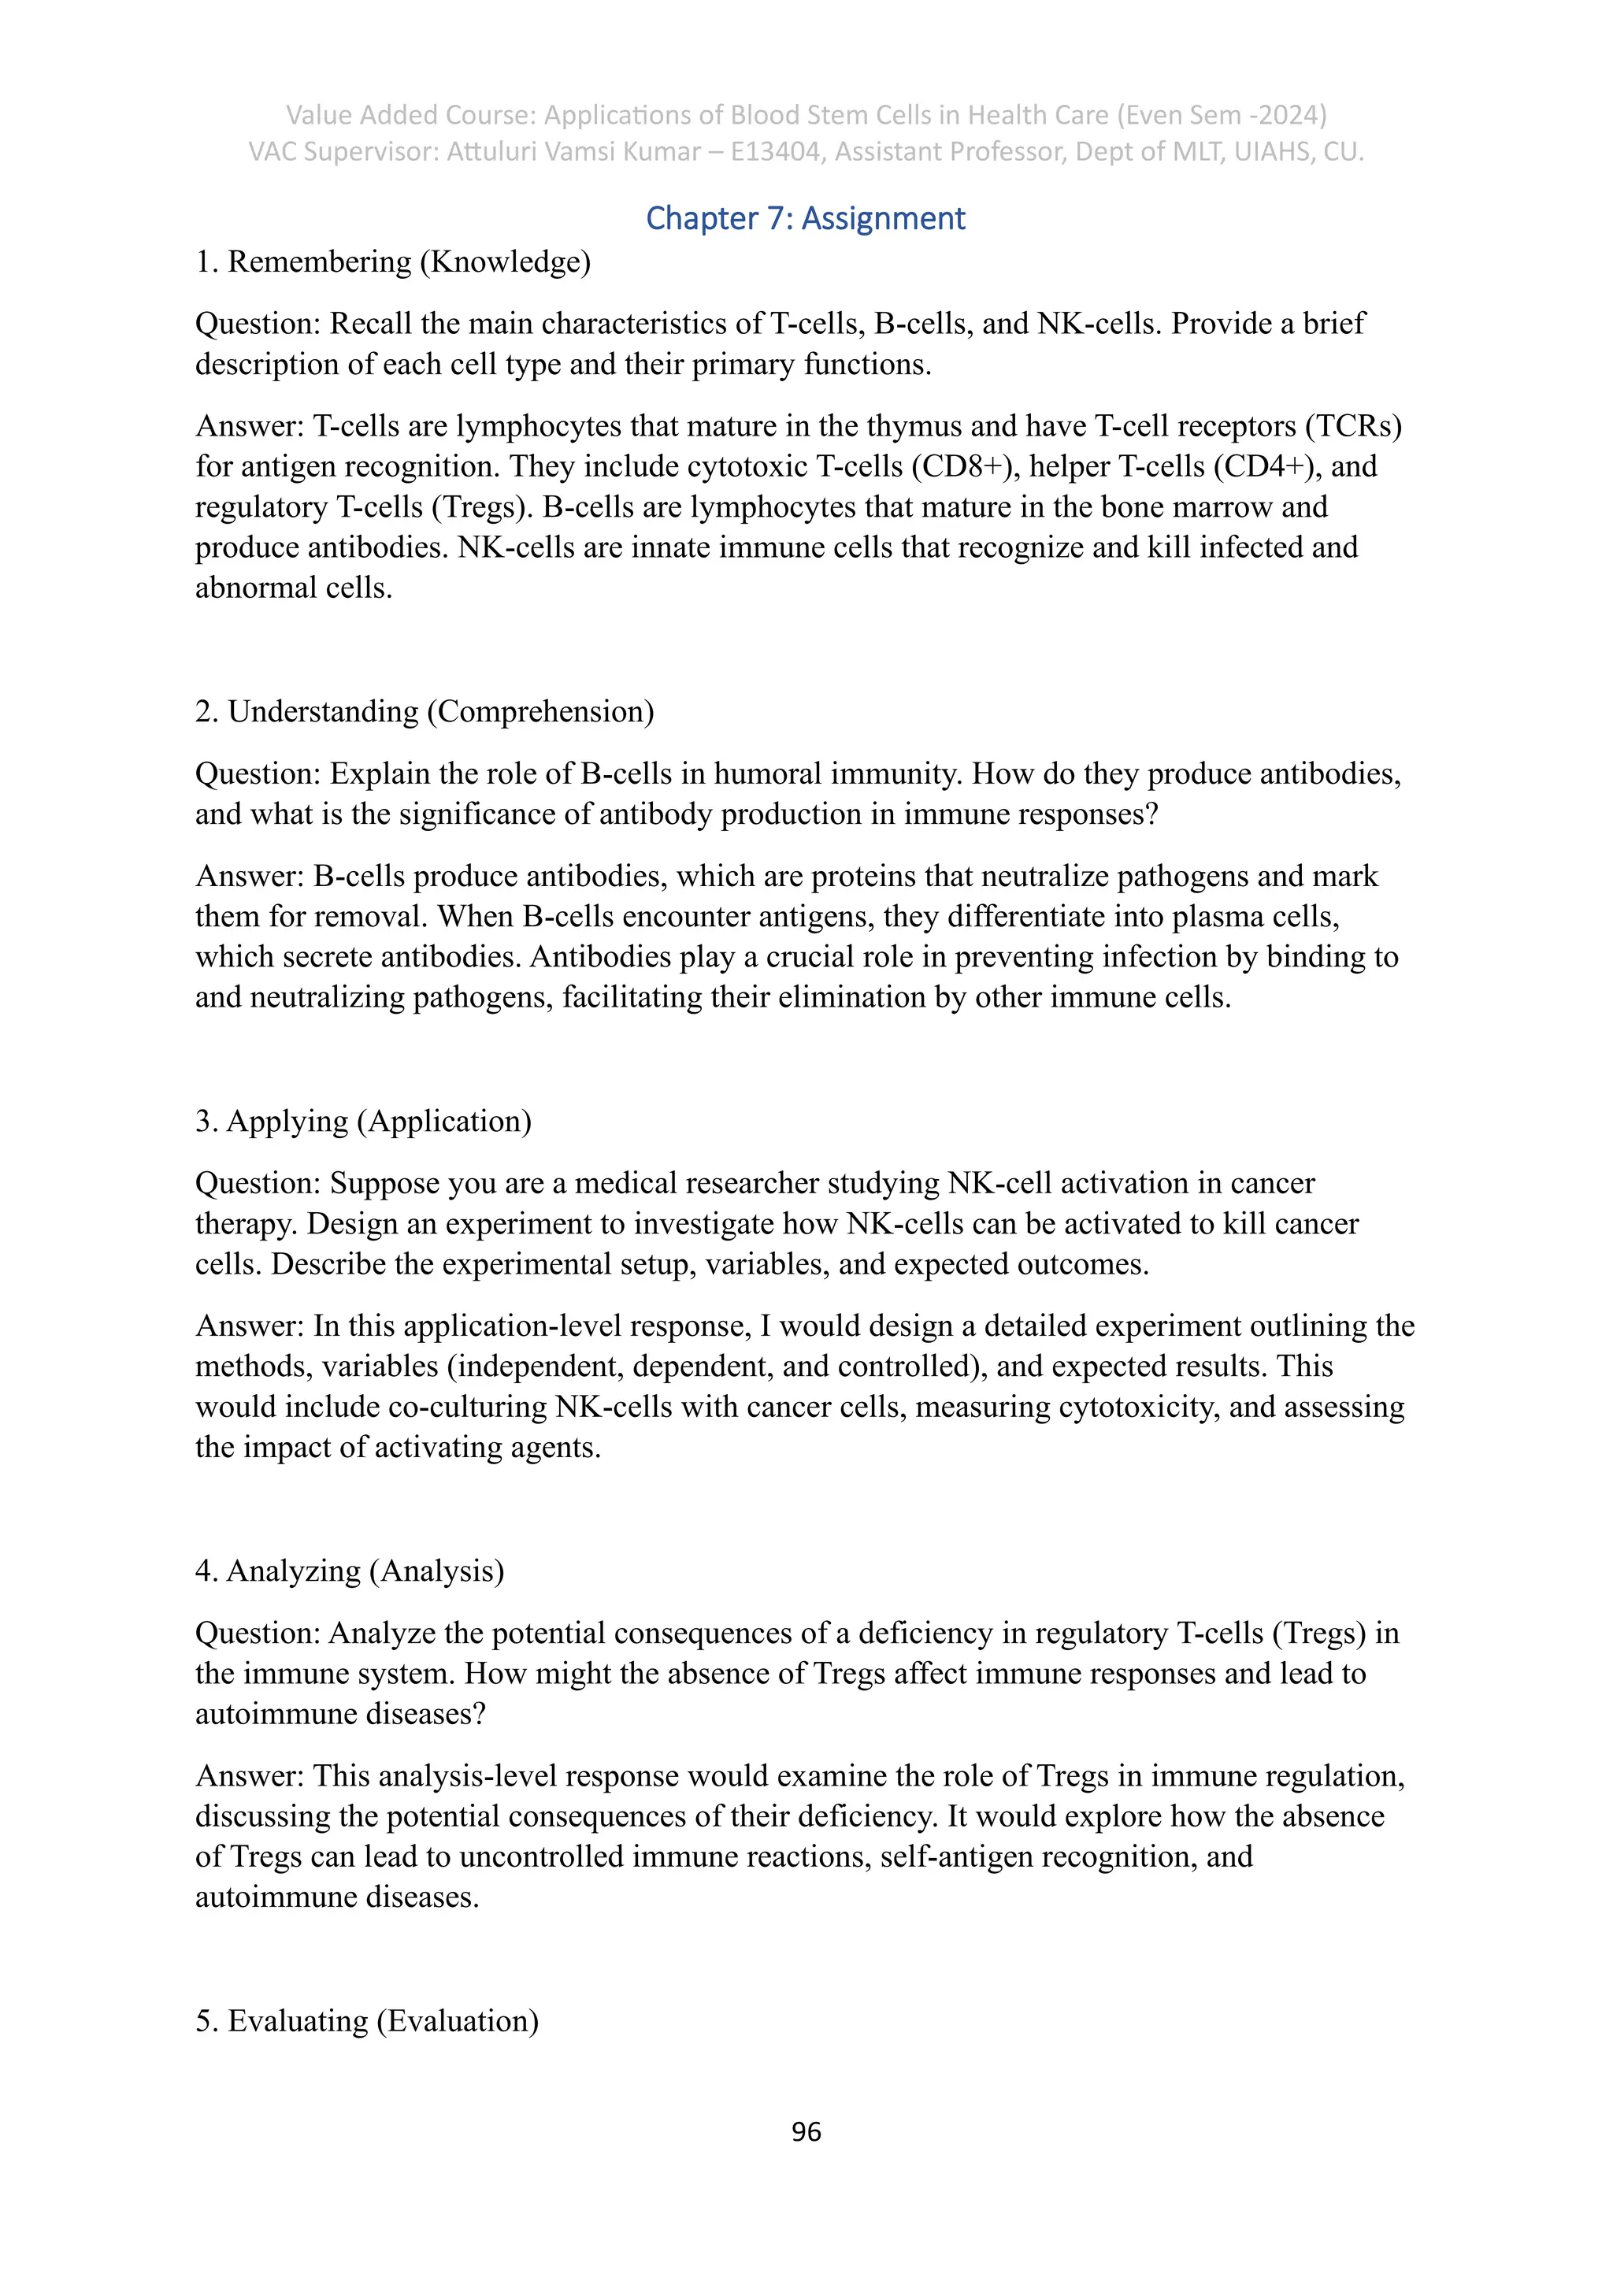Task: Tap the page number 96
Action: (x=806, y=2132)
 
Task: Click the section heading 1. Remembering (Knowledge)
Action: (x=392, y=262)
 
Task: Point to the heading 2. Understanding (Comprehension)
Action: (x=424, y=712)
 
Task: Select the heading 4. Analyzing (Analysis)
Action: (x=350, y=1571)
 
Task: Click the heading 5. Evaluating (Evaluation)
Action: (x=366, y=2021)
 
